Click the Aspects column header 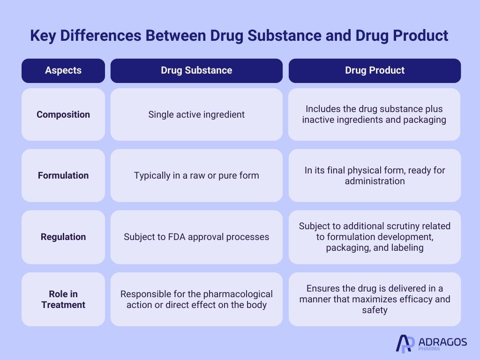(63, 70)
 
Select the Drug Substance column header (196, 70)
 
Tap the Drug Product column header (375, 70)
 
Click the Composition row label (63, 114)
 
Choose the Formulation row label (63, 175)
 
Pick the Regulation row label (63, 237)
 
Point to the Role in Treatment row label (63, 300)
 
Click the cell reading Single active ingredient (196, 114)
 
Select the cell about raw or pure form (196, 175)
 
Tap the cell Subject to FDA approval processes (196, 237)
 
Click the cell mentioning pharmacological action (196, 300)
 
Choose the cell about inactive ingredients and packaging (374, 114)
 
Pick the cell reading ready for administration (375, 175)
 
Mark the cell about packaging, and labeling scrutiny (375, 237)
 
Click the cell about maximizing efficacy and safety (375, 300)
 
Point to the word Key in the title (43, 36)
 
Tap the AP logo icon (405, 344)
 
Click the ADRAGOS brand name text (442, 342)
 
